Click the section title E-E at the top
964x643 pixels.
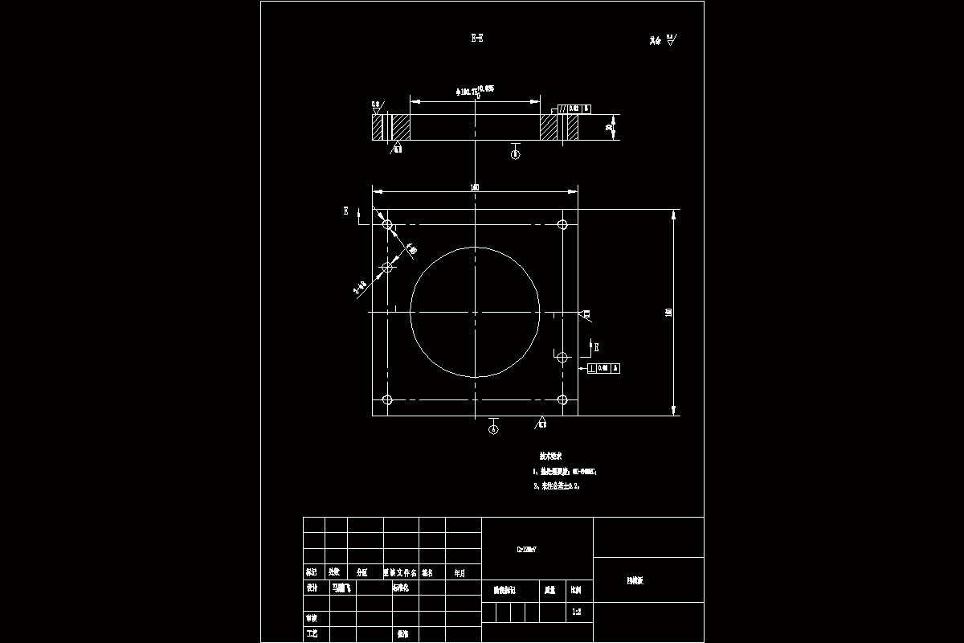(x=477, y=38)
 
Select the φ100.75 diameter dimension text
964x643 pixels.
(x=474, y=91)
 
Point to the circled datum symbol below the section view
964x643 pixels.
(x=516, y=154)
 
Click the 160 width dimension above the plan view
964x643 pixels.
(x=475, y=187)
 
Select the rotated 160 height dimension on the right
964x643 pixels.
(x=668, y=312)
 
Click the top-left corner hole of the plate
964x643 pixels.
(x=387, y=224)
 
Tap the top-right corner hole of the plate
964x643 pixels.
(x=563, y=224)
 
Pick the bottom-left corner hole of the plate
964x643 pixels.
(x=387, y=399)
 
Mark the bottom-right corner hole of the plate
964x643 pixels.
(x=563, y=399)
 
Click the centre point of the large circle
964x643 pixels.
(x=475, y=312)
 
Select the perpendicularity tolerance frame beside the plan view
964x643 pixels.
(x=604, y=368)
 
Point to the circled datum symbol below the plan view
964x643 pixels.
(x=493, y=429)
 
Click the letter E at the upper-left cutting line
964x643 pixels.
(x=346, y=211)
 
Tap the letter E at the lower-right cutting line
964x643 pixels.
(x=596, y=346)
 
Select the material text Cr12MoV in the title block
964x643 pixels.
(x=526, y=551)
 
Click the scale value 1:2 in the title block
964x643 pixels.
(x=576, y=612)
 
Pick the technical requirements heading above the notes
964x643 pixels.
(x=550, y=455)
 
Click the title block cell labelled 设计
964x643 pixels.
(x=312, y=588)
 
